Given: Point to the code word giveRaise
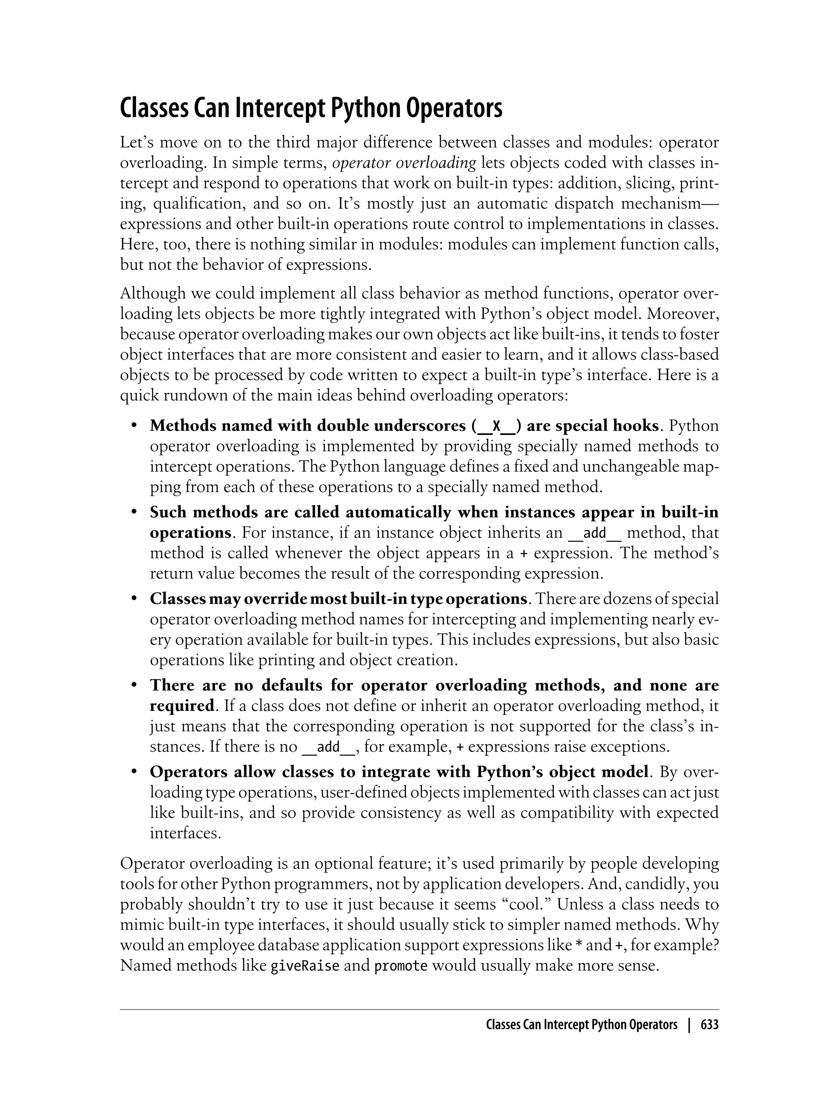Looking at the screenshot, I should [305, 965].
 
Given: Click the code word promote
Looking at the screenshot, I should [401, 965].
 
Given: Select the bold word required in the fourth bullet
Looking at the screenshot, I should [182, 706].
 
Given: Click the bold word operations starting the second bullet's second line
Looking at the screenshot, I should [190, 533].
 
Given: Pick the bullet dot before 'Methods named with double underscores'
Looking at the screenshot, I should [134, 426].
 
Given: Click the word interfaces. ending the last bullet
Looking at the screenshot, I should [185, 833].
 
